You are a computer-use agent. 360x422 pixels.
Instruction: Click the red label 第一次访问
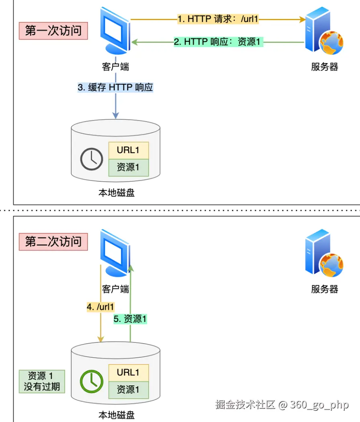(x=53, y=31)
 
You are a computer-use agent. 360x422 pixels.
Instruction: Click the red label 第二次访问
(x=53, y=242)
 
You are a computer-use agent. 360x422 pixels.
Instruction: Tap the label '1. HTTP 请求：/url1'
(x=218, y=19)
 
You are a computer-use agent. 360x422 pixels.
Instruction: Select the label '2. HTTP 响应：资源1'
(x=218, y=42)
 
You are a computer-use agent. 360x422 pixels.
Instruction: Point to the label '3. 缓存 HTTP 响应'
(x=115, y=87)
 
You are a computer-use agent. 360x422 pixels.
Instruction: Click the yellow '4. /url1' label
(x=100, y=307)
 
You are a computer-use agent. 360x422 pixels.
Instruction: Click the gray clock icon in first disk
(x=92, y=159)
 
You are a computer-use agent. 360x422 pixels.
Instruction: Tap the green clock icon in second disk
(x=92, y=381)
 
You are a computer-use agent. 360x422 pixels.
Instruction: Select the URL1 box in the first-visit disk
(x=128, y=150)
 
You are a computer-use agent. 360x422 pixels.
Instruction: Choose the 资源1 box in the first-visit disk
(x=128, y=167)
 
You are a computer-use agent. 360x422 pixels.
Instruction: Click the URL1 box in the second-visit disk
(x=128, y=373)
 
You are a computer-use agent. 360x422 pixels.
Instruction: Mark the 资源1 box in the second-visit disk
(x=128, y=389)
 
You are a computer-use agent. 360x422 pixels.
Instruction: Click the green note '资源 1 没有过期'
(x=42, y=381)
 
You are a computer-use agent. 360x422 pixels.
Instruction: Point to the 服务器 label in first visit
(x=325, y=67)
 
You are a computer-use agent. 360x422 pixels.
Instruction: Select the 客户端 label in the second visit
(x=116, y=289)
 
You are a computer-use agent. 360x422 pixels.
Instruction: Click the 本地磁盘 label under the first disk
(x=116, y=193)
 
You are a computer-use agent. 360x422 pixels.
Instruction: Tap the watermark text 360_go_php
(x=319, y=405)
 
